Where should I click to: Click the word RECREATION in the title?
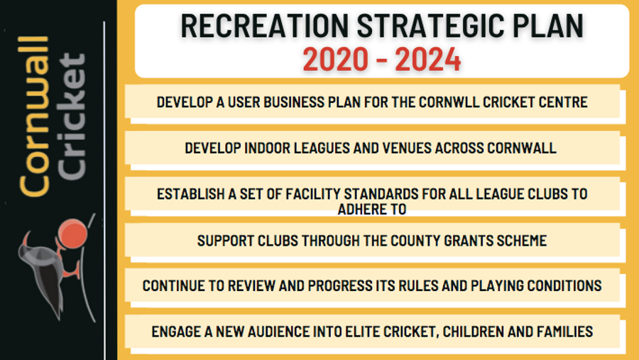tap(265, 26)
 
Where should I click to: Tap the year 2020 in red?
tap(335, 60)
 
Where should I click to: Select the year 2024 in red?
tap(428, 60)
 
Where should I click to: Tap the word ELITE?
tap(360, 332)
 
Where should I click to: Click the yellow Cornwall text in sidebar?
tap(34, 116)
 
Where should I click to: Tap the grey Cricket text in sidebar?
tap(72, 116)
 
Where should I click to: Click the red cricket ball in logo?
tap(72, 234)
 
